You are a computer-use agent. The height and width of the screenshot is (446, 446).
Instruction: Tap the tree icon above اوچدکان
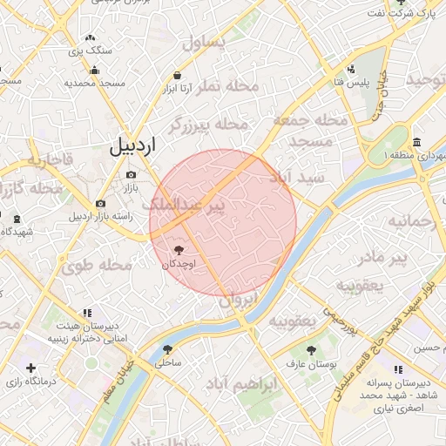click(x=179, y=250)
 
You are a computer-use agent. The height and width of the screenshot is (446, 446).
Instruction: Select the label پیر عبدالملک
click(x=182, y=204)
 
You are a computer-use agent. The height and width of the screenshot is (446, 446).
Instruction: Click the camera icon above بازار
click(x=131, y=176)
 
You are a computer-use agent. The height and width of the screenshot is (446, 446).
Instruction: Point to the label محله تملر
click(x=228, y=86)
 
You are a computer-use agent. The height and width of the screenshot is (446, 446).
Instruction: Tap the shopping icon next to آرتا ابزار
click(x=177, y=75)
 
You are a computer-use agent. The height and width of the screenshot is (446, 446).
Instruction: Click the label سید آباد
click(x=299, y=177)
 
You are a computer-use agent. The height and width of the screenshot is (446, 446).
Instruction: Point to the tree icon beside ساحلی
click(x=166, y=349)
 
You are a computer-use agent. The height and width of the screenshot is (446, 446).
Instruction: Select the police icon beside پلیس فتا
click(x=351, y=70)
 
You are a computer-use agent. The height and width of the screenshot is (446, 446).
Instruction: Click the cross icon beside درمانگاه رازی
click(x=31, y=368)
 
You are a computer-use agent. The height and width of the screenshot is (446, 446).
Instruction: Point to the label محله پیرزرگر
click(x=202, y=125)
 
